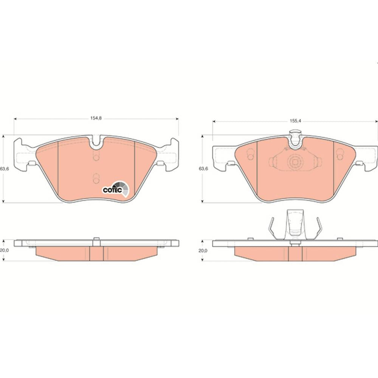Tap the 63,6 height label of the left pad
point(4,169)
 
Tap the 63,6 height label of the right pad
point(203,169)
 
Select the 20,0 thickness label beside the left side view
point(4,251)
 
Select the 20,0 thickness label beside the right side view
point(203,251)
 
